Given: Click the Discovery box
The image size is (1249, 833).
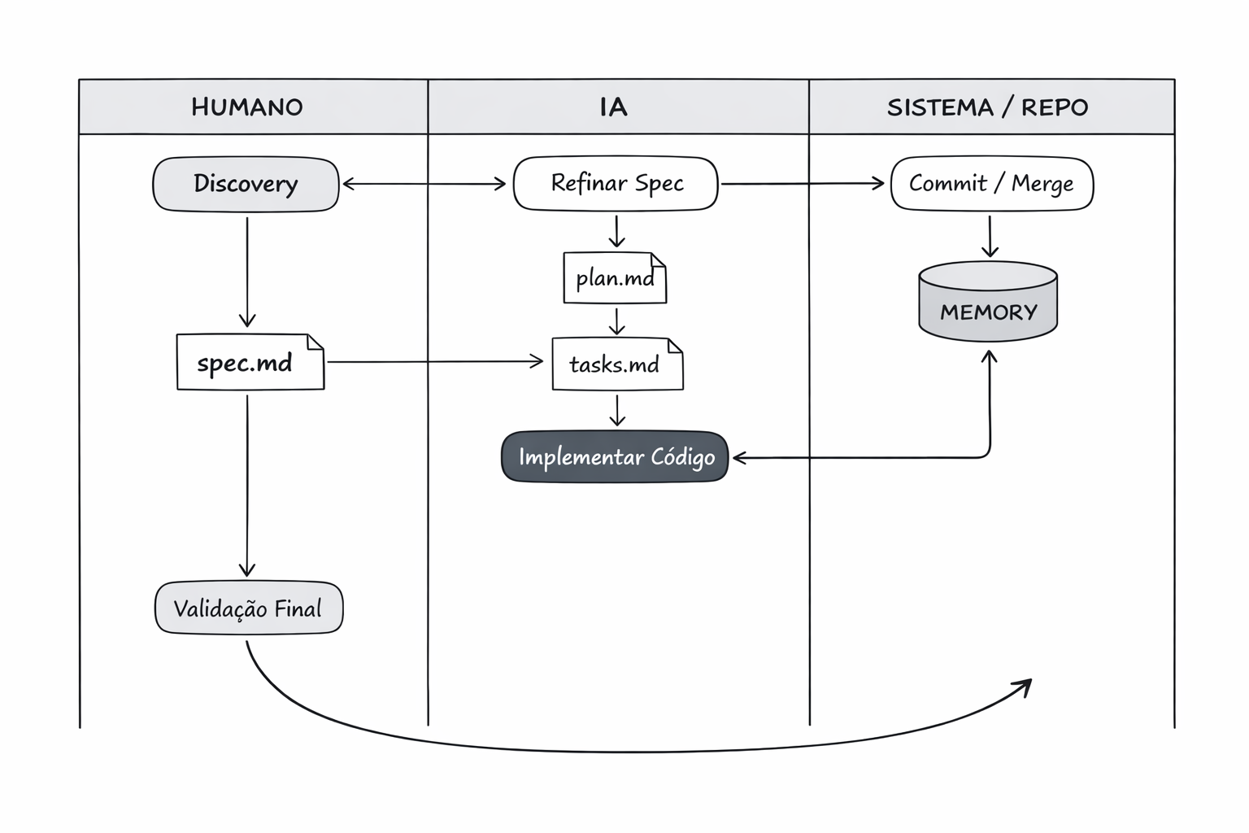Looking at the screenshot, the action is click(x=246, y=184).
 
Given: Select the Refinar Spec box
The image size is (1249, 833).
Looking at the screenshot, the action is click(x=616, y=184).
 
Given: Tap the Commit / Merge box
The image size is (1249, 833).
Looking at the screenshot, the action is click(x=992, y=184).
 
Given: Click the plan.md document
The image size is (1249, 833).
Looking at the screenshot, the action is click(x=615, y=278).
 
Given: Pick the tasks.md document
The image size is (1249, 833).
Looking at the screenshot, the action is click(x=617, y=364).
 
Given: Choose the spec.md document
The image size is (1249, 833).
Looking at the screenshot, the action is click(x=250, y=362).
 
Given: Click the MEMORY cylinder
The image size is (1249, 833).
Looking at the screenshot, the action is click(x=988, y=301).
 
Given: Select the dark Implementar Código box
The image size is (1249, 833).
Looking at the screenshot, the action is click(x=615, y=457).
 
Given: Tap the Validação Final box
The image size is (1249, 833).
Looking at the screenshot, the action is click(x=249, y=608).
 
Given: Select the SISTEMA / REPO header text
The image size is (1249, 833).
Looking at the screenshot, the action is click(x=987, y=107).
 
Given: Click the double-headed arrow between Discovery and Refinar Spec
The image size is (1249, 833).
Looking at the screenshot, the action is click(x=424, y=184).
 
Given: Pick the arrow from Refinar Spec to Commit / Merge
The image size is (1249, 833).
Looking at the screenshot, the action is click(x=803, y=184).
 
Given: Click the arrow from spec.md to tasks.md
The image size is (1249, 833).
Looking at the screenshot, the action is click(x=435, y=362).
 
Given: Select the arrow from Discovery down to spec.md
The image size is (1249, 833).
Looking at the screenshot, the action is click(x=247, y=272).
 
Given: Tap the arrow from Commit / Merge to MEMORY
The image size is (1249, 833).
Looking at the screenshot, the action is click(x=990, y=237).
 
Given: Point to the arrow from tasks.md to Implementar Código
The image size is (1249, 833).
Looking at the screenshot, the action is click(x=616, y=411).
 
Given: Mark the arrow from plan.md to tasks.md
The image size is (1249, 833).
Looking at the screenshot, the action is click(x=616, y=321).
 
